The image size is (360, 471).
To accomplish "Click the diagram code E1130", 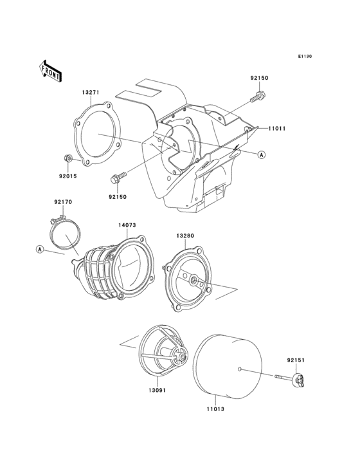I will tap(304, 57).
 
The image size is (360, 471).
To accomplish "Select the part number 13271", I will tap(90, 93).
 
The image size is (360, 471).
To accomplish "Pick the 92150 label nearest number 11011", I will tap(259, 78).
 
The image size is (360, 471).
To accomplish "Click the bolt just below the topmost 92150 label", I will tap(258, 98).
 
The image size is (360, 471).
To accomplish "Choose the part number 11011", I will tap(278, 129).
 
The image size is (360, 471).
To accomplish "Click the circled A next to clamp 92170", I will tap(40, 249).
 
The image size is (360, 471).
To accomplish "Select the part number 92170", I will tap(62, 202).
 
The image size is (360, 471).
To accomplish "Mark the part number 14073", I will tap(127, 225).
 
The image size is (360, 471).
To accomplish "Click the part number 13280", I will tap(185, 236).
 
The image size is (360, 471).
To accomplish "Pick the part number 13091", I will tap(158, 390).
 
